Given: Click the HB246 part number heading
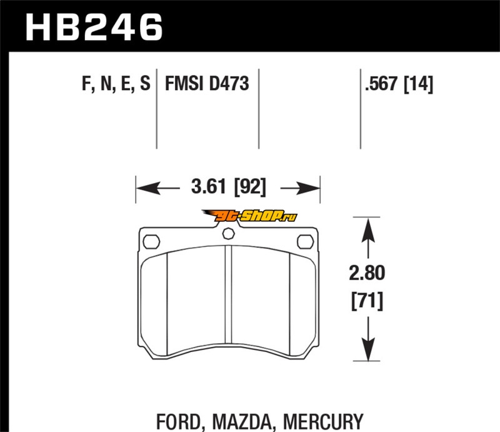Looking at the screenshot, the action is coord(94,28).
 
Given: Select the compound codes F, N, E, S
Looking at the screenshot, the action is coord(116,84).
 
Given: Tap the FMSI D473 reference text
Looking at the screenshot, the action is coord(207,84).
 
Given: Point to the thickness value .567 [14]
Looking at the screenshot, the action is coord(399,84).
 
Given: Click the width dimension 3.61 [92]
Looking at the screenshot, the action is coord(228,187).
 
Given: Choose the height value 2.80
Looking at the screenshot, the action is coord(367,273).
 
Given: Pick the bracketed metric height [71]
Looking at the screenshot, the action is coord(367,301).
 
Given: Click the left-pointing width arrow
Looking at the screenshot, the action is coord(157,188).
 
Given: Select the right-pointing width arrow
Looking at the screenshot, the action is coord(300,188).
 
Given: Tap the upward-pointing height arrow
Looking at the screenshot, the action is coord(368,238).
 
